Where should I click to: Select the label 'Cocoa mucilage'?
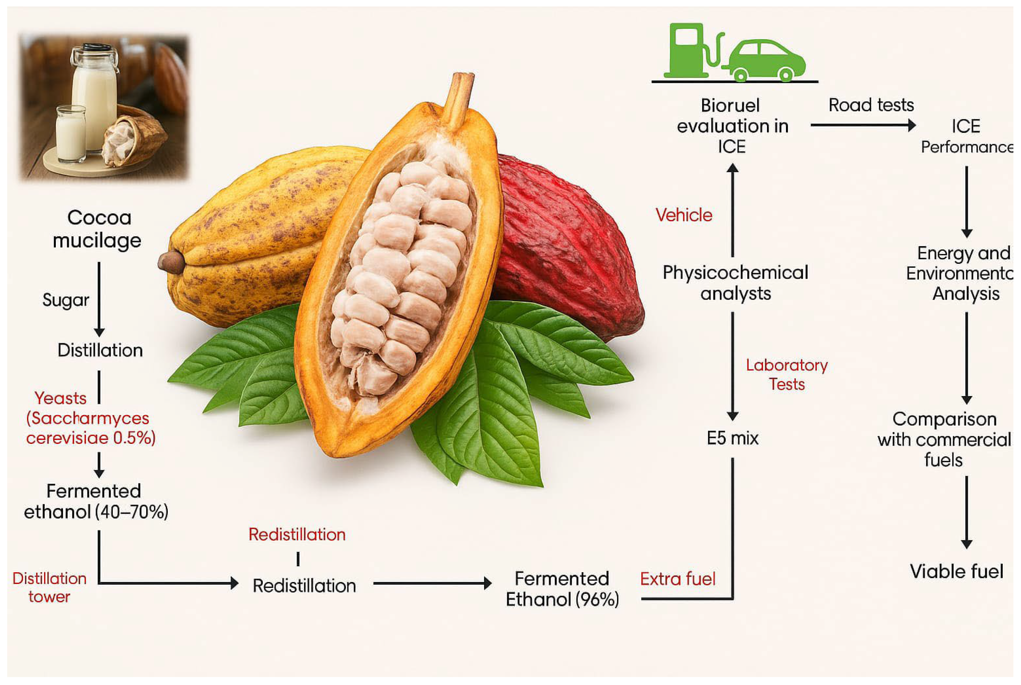click(97, 229)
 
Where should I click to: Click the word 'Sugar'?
click(66, 300)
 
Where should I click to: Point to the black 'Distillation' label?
click(100, 350)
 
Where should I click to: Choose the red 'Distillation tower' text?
click(49, 587)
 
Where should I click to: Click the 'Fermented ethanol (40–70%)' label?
click(96, 502)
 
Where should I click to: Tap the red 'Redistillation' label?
click(297, 534)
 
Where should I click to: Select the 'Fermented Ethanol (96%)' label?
click(562, 589)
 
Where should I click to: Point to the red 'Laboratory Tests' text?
click(786, 374)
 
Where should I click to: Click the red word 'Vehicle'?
click(684, 215)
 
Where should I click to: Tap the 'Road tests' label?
click(871, 105)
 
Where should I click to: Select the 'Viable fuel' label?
click(956, 571)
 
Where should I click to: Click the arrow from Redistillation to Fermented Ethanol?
click(432, 583)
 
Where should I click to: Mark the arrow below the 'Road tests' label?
click(863, 125)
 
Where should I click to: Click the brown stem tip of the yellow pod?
click(171, 262)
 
